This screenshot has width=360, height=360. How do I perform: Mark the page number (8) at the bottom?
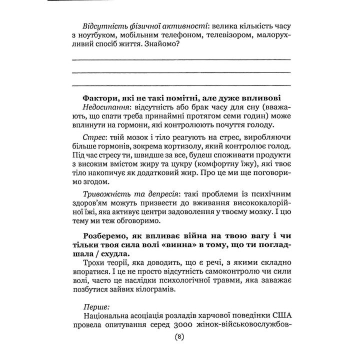180,351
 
